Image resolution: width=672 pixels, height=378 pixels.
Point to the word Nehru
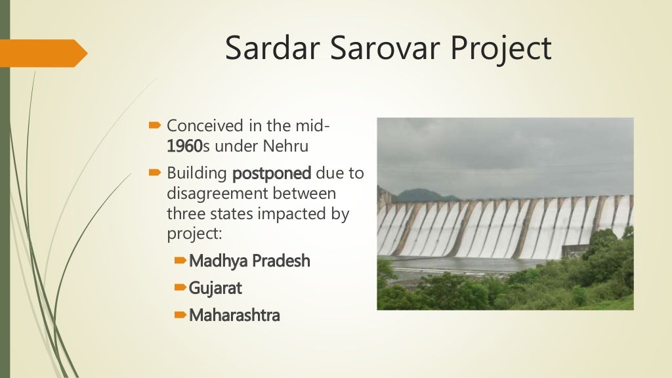[x=287, y=146]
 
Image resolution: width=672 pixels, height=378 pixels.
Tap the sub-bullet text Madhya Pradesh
[x=249, y=261]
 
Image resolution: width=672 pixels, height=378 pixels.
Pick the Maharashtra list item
[x=234, y=315]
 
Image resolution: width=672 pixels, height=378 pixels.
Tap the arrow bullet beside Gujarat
[x=181, y=288]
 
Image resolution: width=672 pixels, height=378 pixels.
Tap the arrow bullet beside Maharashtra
[x=181, y=315]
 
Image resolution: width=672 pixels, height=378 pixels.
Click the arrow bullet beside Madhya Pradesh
[x=181, y=261]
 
